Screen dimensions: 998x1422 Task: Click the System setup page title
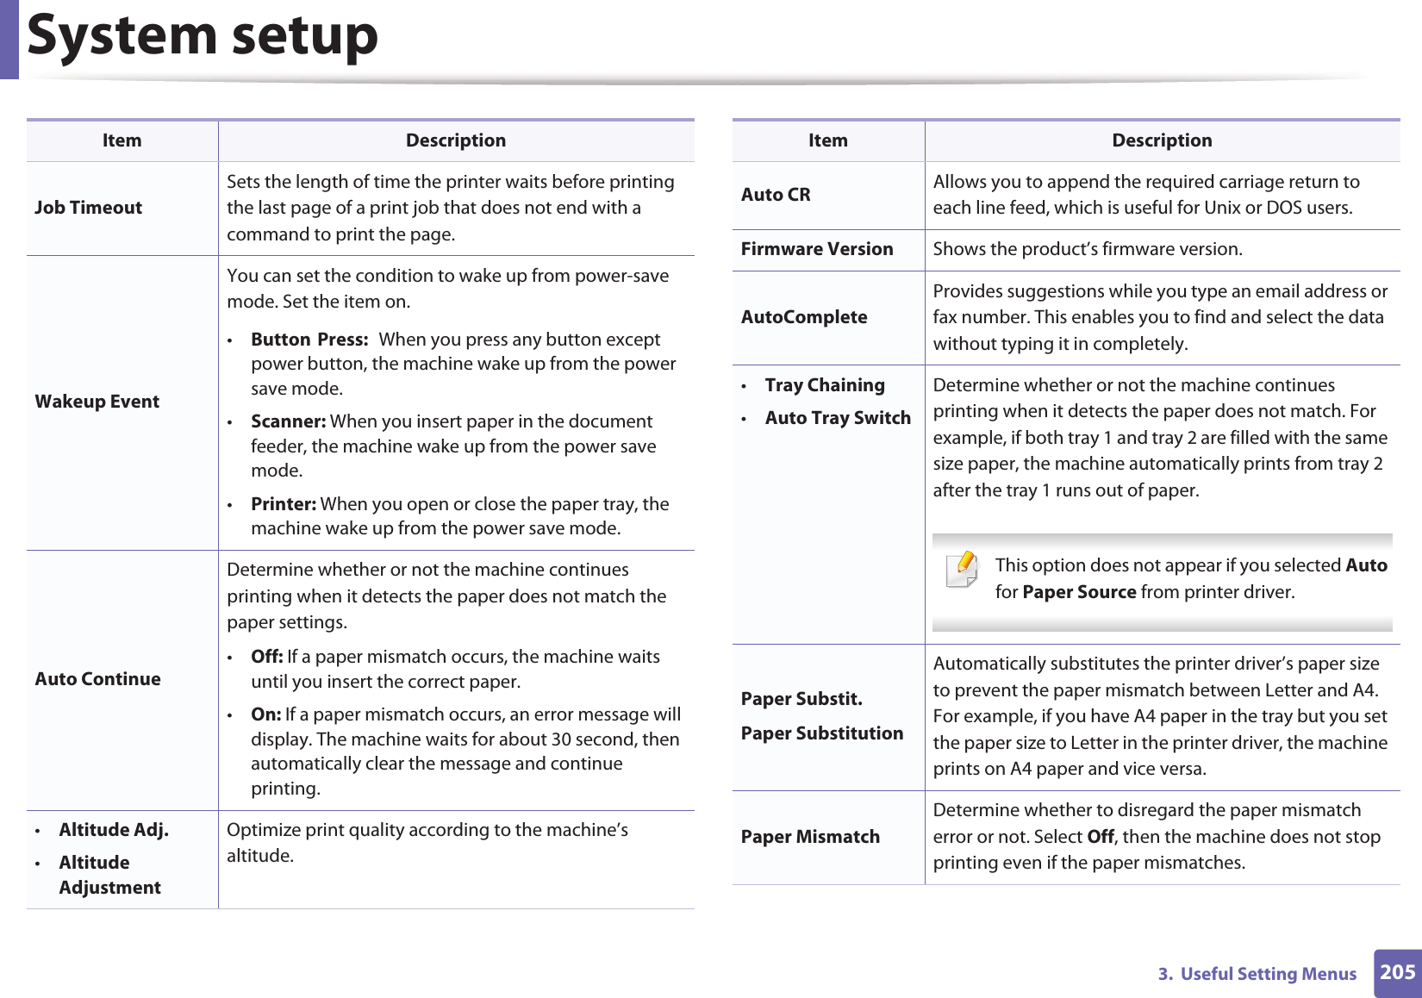203,36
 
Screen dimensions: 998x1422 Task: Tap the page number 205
1397,972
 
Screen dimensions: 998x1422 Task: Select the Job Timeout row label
89,208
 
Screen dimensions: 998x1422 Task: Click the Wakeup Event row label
97,402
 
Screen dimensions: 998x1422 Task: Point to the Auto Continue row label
98,679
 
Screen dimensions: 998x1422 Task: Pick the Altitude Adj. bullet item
114,830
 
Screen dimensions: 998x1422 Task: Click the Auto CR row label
776,195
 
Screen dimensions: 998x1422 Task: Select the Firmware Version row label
817,249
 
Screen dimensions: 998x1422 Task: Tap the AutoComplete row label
804,317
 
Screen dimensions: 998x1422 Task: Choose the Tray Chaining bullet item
825,385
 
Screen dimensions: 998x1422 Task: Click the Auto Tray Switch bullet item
838,418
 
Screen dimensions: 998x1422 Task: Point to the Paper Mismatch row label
810,837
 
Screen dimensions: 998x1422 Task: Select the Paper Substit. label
801,699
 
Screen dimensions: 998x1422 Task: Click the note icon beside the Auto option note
963,570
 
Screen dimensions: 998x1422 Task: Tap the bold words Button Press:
309,340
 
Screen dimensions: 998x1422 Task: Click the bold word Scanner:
288,421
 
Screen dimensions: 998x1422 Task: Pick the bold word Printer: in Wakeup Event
284,504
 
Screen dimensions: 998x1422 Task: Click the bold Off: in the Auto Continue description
267,657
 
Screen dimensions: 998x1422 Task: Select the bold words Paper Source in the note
1079,592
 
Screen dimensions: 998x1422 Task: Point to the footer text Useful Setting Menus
1268,974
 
